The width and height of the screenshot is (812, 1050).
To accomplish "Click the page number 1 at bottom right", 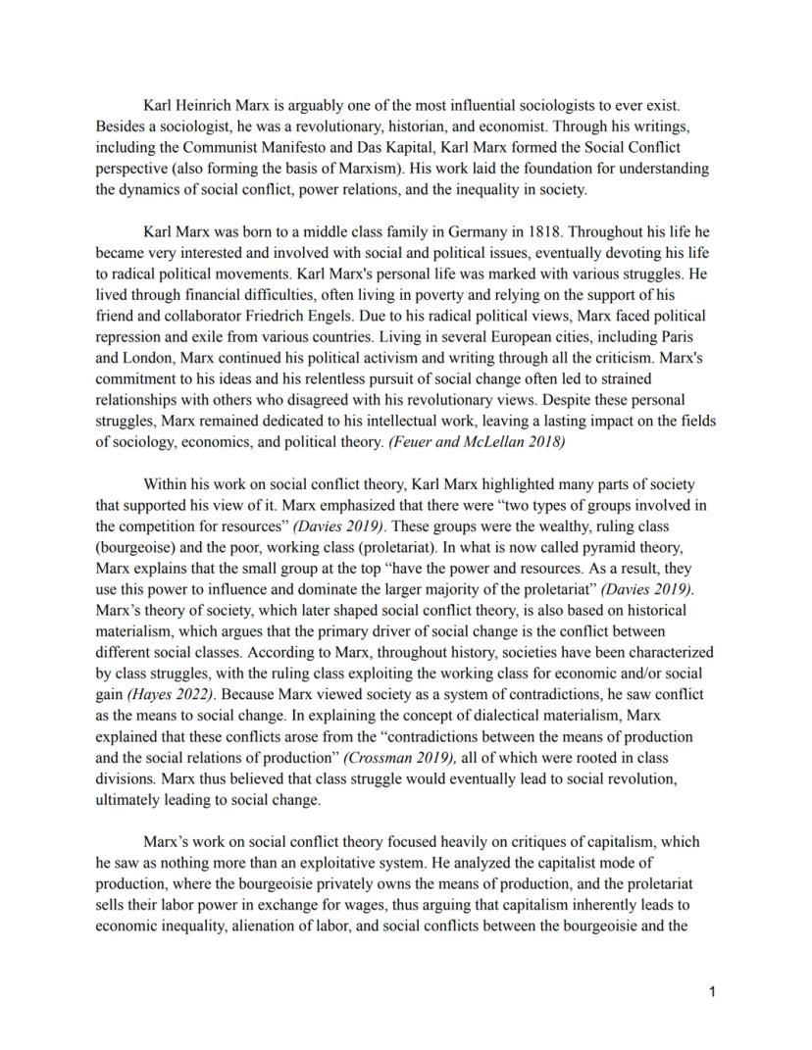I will click(x=712, y=992).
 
